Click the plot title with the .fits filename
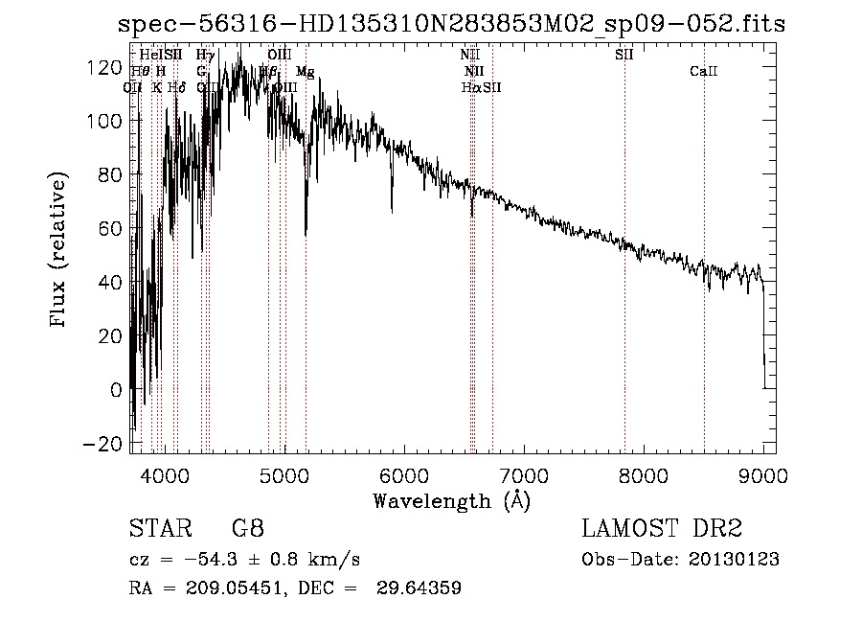(x=450, y=24)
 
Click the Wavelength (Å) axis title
(x=451, y=500)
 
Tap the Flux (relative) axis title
(x=59, y=251)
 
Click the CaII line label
(x=704, y=72)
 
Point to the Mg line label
(x=305, y=72)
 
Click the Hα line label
(x=470, y=87)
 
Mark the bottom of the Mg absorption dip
(x=306, y=233)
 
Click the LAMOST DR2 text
(x=662, y=529)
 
